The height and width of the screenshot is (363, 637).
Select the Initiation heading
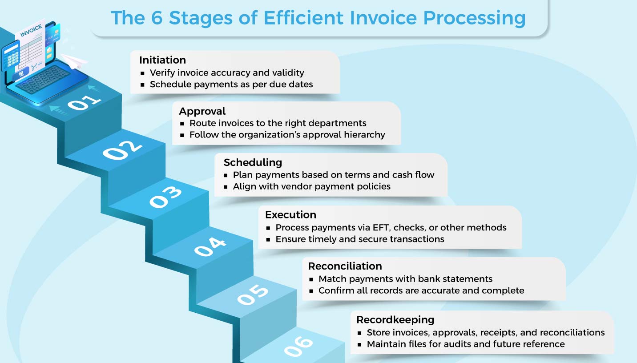click(x=162, y=60)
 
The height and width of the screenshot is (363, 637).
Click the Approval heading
click(x=202, y=111)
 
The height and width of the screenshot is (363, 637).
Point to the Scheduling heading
click(x=253, y=162)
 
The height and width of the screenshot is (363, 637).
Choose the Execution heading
click(x=290, y=214)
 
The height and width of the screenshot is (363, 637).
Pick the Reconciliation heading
click(x=345, y=266)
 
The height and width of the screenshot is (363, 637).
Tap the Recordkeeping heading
click(x=395, y=319)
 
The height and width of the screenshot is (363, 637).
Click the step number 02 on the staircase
click(x=122, y=150)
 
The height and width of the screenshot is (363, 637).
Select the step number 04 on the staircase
click(x=210, y=247)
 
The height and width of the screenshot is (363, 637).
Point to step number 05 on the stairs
click(x=253, y=295)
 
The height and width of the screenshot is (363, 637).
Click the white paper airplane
click(x=73, y=61)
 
